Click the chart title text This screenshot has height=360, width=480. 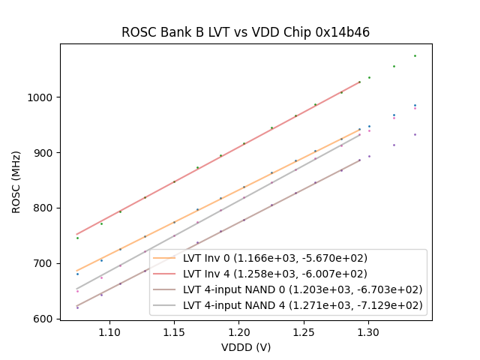click(x=245, y=32)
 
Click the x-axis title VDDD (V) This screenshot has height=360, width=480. click(x=245, y=347)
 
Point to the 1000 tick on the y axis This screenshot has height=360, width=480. click(x=43, y=97)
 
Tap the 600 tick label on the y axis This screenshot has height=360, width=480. click(x=46, y=319)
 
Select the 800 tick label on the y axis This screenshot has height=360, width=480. click(x=46, y=208)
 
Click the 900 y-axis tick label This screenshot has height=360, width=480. click(x=46, y=153)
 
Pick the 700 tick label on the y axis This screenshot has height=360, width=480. click(x=46, y=263)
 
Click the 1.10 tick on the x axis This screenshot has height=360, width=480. click(x=109, y=331)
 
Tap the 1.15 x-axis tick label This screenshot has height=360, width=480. click(x=174, y=331)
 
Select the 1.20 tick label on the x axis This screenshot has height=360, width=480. click(x=238, y=331)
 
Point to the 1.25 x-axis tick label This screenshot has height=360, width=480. click(x=303, y=331)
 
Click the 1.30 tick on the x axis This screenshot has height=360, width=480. click(x=367, y=331)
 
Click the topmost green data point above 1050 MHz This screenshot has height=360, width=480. click(x=415, y=55)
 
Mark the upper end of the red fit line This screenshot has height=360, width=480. click(x=360, y=82)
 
